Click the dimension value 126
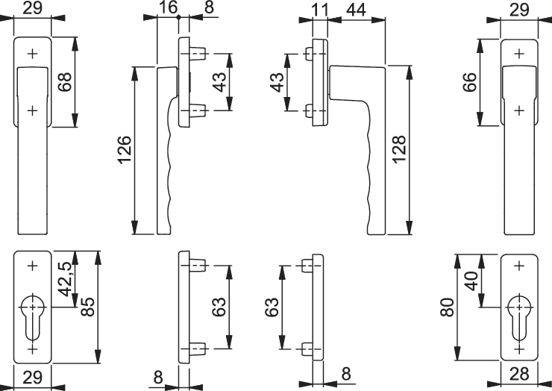click(x=125, y=150)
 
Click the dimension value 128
click(x=400, y=150)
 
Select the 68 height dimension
click(x=66, y=82)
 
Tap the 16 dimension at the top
click(x=169, y=7)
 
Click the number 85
click(x=87, y=307)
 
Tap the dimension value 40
click(x=471, y=281)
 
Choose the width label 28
click(x=519, y=374)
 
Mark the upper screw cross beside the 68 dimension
click(x=32, y=54)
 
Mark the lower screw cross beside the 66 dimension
click(x=519, y=110)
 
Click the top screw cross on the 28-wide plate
click(x=519, y=266)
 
